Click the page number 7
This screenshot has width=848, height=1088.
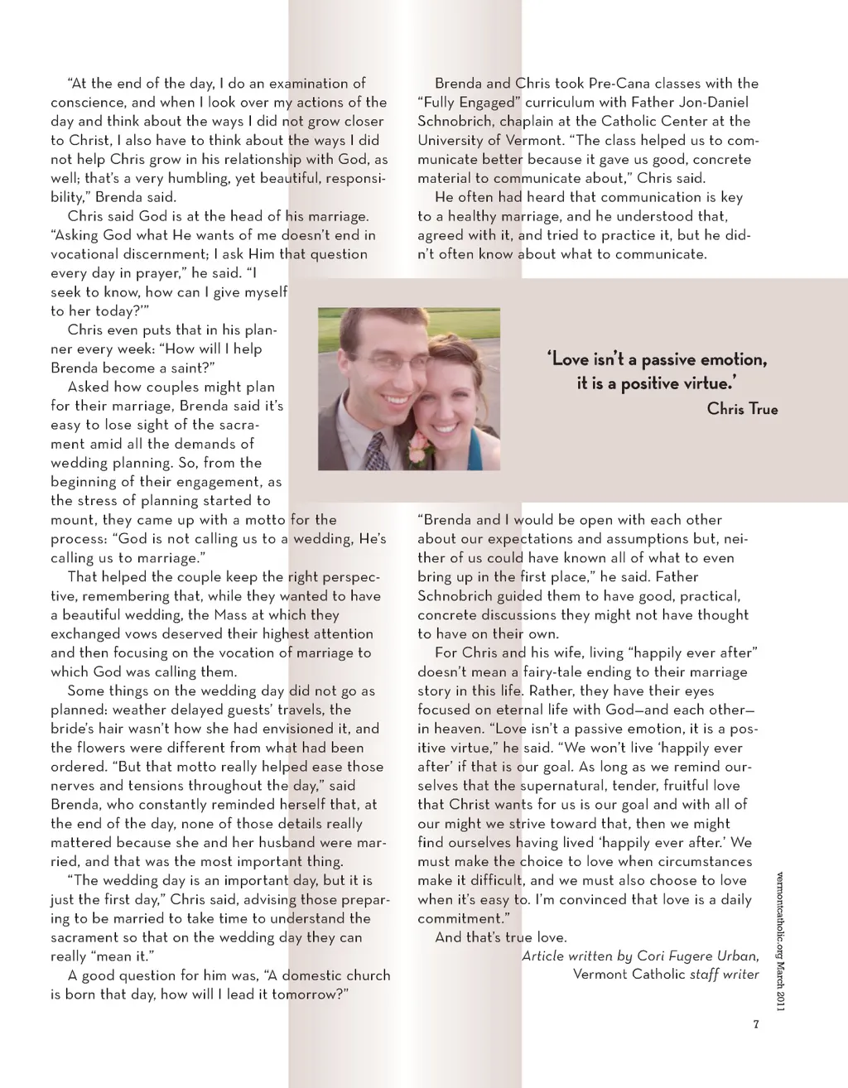(x=756, y=1024)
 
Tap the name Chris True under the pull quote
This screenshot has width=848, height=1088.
(x=742, y=408)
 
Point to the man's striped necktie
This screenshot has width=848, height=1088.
(x=376, y=451)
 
